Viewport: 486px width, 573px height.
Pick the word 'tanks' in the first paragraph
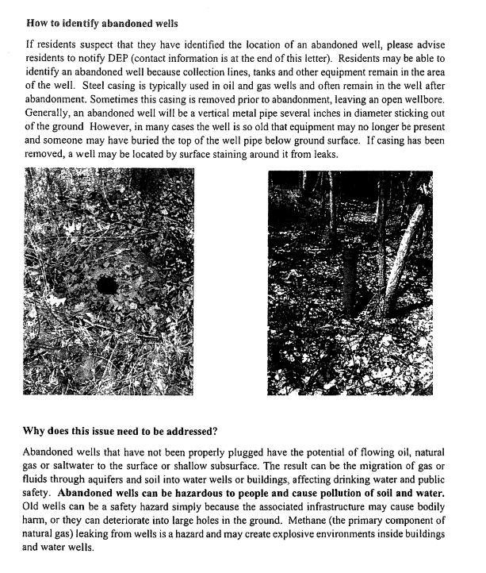coord(278,72)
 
